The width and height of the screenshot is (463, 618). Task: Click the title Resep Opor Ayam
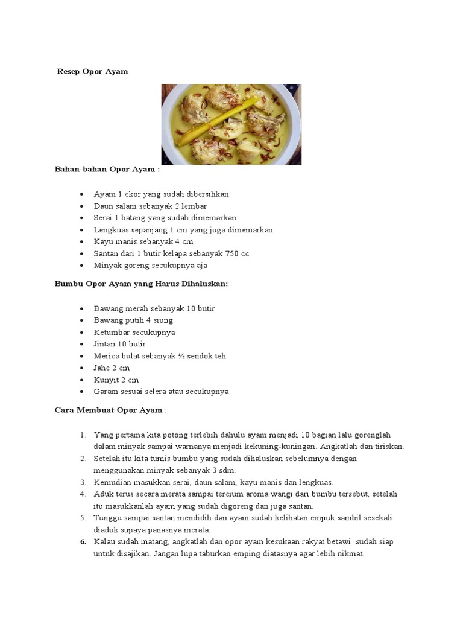[x=92, y=71]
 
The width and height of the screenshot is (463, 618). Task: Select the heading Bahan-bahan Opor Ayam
[x=107, y=170]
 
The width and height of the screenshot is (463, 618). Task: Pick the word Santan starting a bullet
[x=106, y=253]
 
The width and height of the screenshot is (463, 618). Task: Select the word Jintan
[x=105, y=344]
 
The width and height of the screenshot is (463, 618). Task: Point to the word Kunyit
[x=105, y=380]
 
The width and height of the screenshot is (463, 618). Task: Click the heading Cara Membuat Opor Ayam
[x=109, y=410]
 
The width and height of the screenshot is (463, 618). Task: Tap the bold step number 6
[x=83, y=542]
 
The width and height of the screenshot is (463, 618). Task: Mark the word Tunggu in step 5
[x=107, y=518]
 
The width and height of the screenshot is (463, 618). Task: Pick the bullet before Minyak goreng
[x=81, y=266]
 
